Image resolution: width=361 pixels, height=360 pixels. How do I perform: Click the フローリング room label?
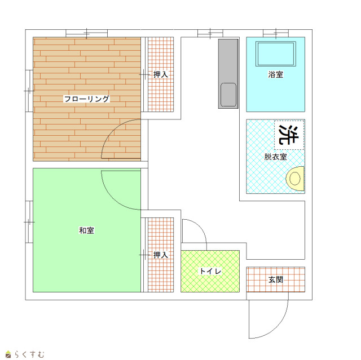[86, 99]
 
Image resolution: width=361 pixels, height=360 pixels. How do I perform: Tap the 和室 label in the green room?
[86, 230]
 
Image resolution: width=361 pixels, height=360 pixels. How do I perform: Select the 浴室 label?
[276, 74]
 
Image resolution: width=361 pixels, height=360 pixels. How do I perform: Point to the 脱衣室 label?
[276, 157]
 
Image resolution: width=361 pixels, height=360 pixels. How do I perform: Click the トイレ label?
[210, 271]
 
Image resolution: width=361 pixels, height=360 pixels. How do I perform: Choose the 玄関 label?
[276, 280]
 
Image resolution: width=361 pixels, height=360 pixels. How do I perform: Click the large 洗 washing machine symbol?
[289, 135]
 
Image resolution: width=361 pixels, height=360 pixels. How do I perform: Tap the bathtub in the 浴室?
[276, 54]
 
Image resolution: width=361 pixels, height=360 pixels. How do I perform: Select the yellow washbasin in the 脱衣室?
[295, 179]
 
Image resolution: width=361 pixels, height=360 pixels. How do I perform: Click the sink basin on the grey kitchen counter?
[228, 95]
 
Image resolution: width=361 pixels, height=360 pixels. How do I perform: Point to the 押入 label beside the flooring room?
[160, 74]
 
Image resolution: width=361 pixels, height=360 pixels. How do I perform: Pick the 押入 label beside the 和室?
[160, 255]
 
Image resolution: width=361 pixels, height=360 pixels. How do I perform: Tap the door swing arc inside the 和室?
[113, 198]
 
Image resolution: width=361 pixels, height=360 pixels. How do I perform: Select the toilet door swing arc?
[200, 225]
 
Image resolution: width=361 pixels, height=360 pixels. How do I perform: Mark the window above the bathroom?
[276, 33]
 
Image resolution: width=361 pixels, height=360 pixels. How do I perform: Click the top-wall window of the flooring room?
[86, 33]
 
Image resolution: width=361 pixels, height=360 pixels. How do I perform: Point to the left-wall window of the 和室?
[29, 222]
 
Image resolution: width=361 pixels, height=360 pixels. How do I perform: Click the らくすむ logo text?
[29, 354]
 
